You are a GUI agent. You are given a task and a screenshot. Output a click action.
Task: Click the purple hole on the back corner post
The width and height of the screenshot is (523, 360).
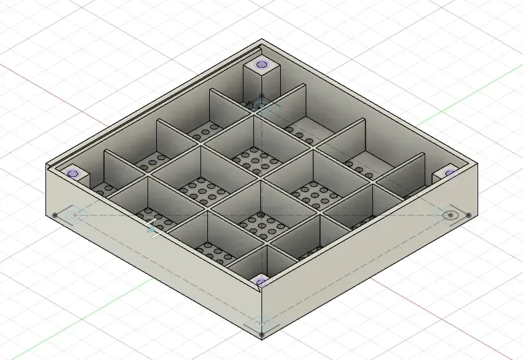click(x=261, y=64)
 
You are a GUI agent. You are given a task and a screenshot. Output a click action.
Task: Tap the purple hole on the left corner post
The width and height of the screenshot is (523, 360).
click(x=73, y=174)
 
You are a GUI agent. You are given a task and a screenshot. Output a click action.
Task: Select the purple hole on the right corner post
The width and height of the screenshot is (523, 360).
click(x=450, y=173)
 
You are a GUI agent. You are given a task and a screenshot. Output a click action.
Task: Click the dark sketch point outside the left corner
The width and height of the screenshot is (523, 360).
click(x=55, y=216)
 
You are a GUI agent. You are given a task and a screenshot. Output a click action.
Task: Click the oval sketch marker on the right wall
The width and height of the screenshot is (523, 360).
click(x=450, y=216)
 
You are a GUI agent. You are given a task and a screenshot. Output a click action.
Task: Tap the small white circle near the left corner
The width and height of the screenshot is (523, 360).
click(x=73, y=216)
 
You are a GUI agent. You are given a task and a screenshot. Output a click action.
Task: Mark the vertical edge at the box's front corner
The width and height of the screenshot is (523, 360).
click(x=261, y=311)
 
